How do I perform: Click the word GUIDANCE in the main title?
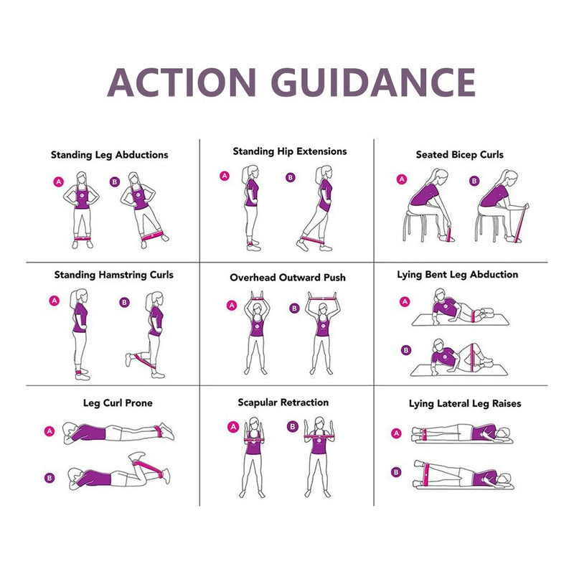coord(373,82)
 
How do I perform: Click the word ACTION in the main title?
coord(182,83)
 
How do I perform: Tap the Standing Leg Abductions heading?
coord(110,155)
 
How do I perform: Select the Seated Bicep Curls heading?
coord(459,155)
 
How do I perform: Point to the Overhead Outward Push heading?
coord(288,278)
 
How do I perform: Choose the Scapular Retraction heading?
coord(283,403)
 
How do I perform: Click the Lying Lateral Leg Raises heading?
coord(465,404)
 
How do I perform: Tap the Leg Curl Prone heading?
coord(118,403)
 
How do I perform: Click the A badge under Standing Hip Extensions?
coord(225,176)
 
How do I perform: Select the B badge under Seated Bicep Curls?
coord(474,181)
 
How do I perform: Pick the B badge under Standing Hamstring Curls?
coord(124,302)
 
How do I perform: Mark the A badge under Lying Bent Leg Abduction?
coord(405,301)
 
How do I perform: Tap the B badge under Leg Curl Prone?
coord(50,478)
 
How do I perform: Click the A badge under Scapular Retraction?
coord(233,427)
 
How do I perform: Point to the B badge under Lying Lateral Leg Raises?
coord(396,472)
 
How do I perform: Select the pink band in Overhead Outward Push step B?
coord(322,298)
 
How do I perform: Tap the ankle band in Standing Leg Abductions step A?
coord(83,238)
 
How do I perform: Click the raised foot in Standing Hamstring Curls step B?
coord(128,359)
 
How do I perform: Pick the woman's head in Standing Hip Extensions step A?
coord(253,171)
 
